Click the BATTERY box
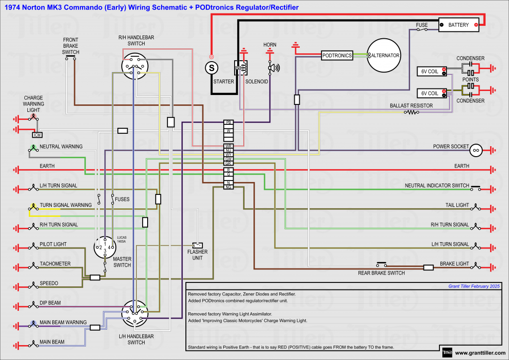tap(459, 24)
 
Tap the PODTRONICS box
tap(337, 56)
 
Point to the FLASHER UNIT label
tap(197, 255)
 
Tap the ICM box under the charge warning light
tap(37, 135)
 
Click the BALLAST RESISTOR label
tap(411, 106)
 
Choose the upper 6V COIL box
tap(430, 72)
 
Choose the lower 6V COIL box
tap(430, 93)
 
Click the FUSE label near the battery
tap(422, 24)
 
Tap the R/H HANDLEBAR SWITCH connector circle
tap(135, 66)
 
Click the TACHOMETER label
tap(55, 264)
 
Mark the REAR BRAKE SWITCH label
tap(381, 273)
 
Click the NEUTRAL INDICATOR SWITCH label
tap(437, 185)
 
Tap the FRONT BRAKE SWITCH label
tap(71, 46)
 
